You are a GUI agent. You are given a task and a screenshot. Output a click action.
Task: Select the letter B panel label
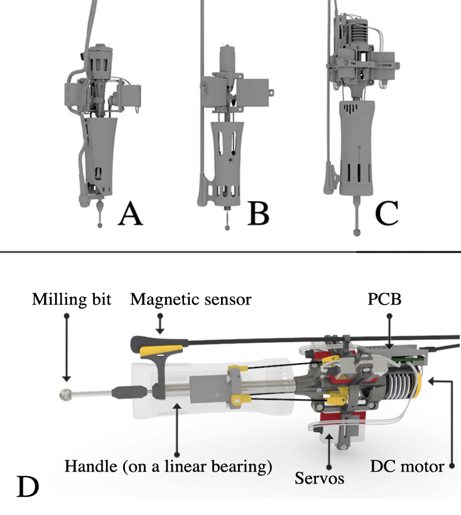tap(258, 214)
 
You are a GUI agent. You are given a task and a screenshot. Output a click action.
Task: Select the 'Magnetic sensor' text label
tap(191, 300)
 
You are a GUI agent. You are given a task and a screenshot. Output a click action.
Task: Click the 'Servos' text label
tap(319, 479)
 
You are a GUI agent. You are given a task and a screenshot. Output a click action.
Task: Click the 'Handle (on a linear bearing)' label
tap(168, 467)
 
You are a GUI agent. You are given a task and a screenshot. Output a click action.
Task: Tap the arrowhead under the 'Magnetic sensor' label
tap(160, 330)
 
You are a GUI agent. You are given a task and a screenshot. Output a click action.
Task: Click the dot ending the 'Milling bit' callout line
tap(65, 316)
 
